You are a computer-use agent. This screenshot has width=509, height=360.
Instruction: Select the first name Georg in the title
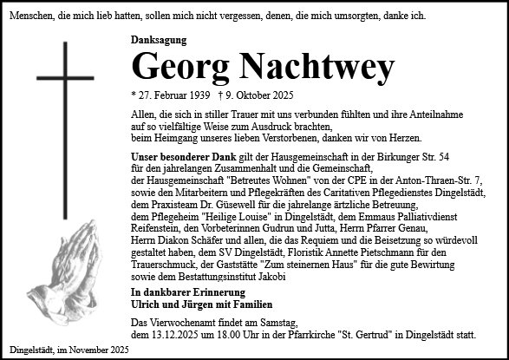pos(179,66)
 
